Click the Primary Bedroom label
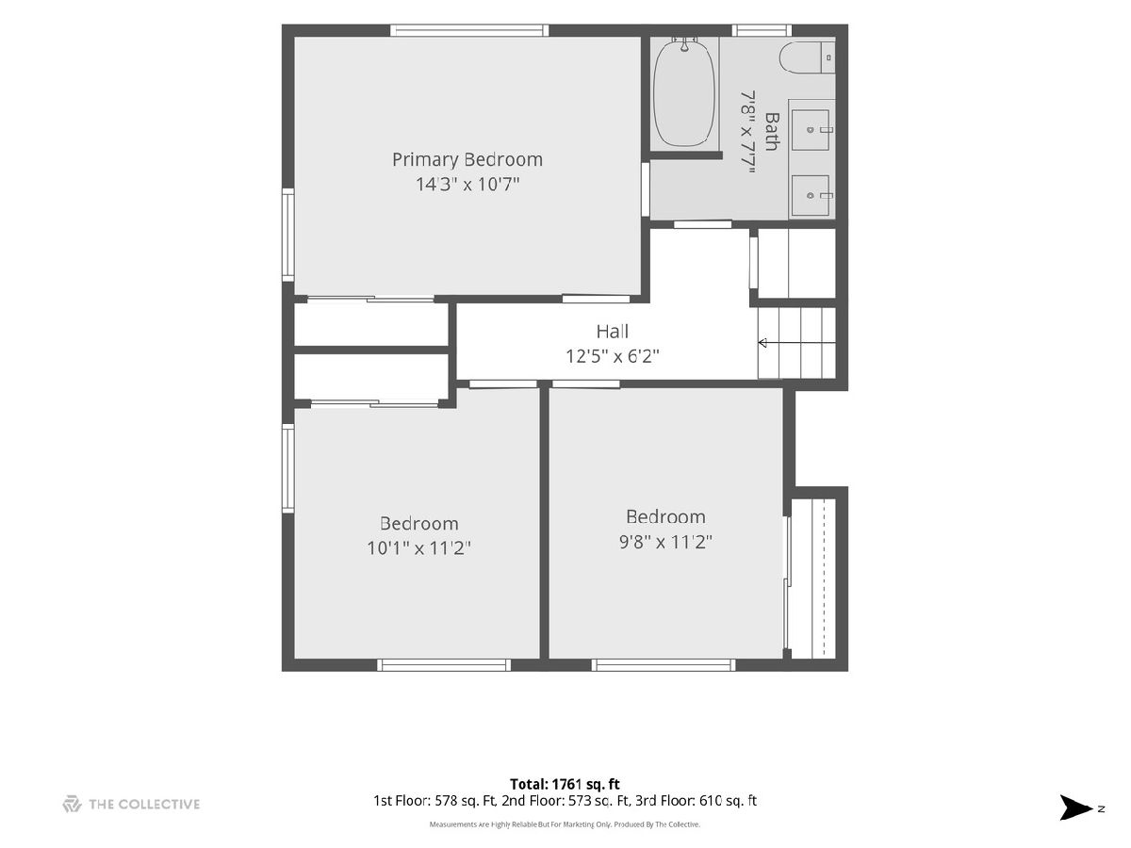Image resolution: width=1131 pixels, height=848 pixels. click(467, 159)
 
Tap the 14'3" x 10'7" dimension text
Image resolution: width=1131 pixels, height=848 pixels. click(467, 184)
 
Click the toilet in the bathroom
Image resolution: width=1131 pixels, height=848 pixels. click(807, 57)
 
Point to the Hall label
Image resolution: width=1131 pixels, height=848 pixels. click(612, 332)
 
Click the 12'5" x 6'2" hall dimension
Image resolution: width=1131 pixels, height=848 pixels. click(612, 356)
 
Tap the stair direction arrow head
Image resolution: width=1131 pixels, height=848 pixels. click(762, 343)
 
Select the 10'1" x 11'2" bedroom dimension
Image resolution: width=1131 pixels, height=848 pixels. click(418, 547)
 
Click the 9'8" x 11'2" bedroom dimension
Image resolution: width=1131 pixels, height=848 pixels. click(665, 542)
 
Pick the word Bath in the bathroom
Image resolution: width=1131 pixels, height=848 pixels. click(771, 132)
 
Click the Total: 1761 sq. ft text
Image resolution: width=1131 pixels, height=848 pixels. click(565, 784)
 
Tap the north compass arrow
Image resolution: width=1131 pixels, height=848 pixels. click(1075, 807)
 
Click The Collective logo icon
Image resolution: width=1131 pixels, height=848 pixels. click(73, 804)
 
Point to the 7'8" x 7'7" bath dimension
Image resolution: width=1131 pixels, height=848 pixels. click(747, 132)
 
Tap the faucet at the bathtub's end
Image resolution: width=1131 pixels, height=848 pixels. click(684, 45)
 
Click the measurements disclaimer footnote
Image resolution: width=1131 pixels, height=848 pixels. click(565, 824)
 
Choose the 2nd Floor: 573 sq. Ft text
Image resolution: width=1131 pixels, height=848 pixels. click(565, 801)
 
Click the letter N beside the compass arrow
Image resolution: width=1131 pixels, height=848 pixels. click(1101, 808)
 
